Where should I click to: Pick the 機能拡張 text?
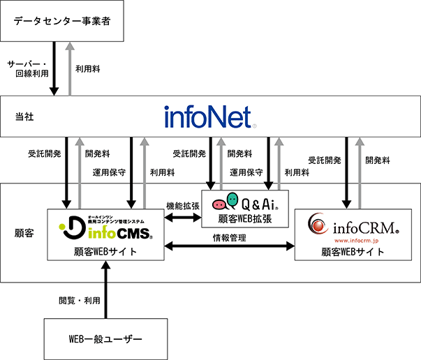tap(183, 206)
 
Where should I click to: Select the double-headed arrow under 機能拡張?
tap(183, 219)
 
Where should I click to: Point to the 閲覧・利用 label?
tap(78, 301)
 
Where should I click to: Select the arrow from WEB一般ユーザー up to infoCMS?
tap(105, 290)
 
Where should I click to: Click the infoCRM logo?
tap(355, 226)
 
